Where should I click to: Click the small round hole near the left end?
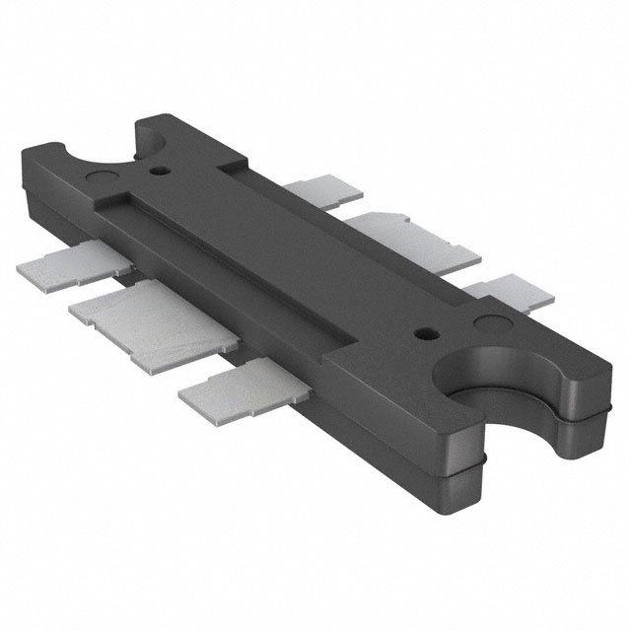click(x=157, y=171)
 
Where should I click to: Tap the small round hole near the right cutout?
click(x=426, y=333)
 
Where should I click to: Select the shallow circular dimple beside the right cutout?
click(x=490, y=322)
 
